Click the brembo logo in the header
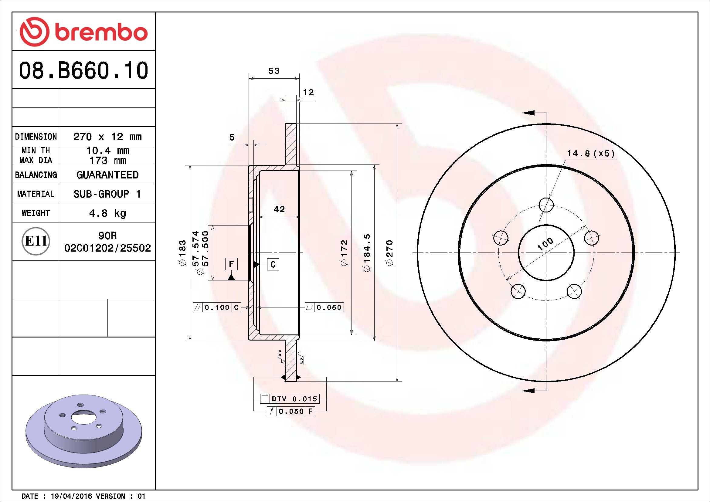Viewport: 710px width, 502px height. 83,32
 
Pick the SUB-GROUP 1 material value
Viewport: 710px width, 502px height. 107,194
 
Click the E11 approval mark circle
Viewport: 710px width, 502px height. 36,241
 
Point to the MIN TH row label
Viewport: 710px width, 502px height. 36,151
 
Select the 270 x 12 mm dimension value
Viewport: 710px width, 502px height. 107,136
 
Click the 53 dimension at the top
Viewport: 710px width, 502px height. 274,71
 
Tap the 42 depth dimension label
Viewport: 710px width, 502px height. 279,209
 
